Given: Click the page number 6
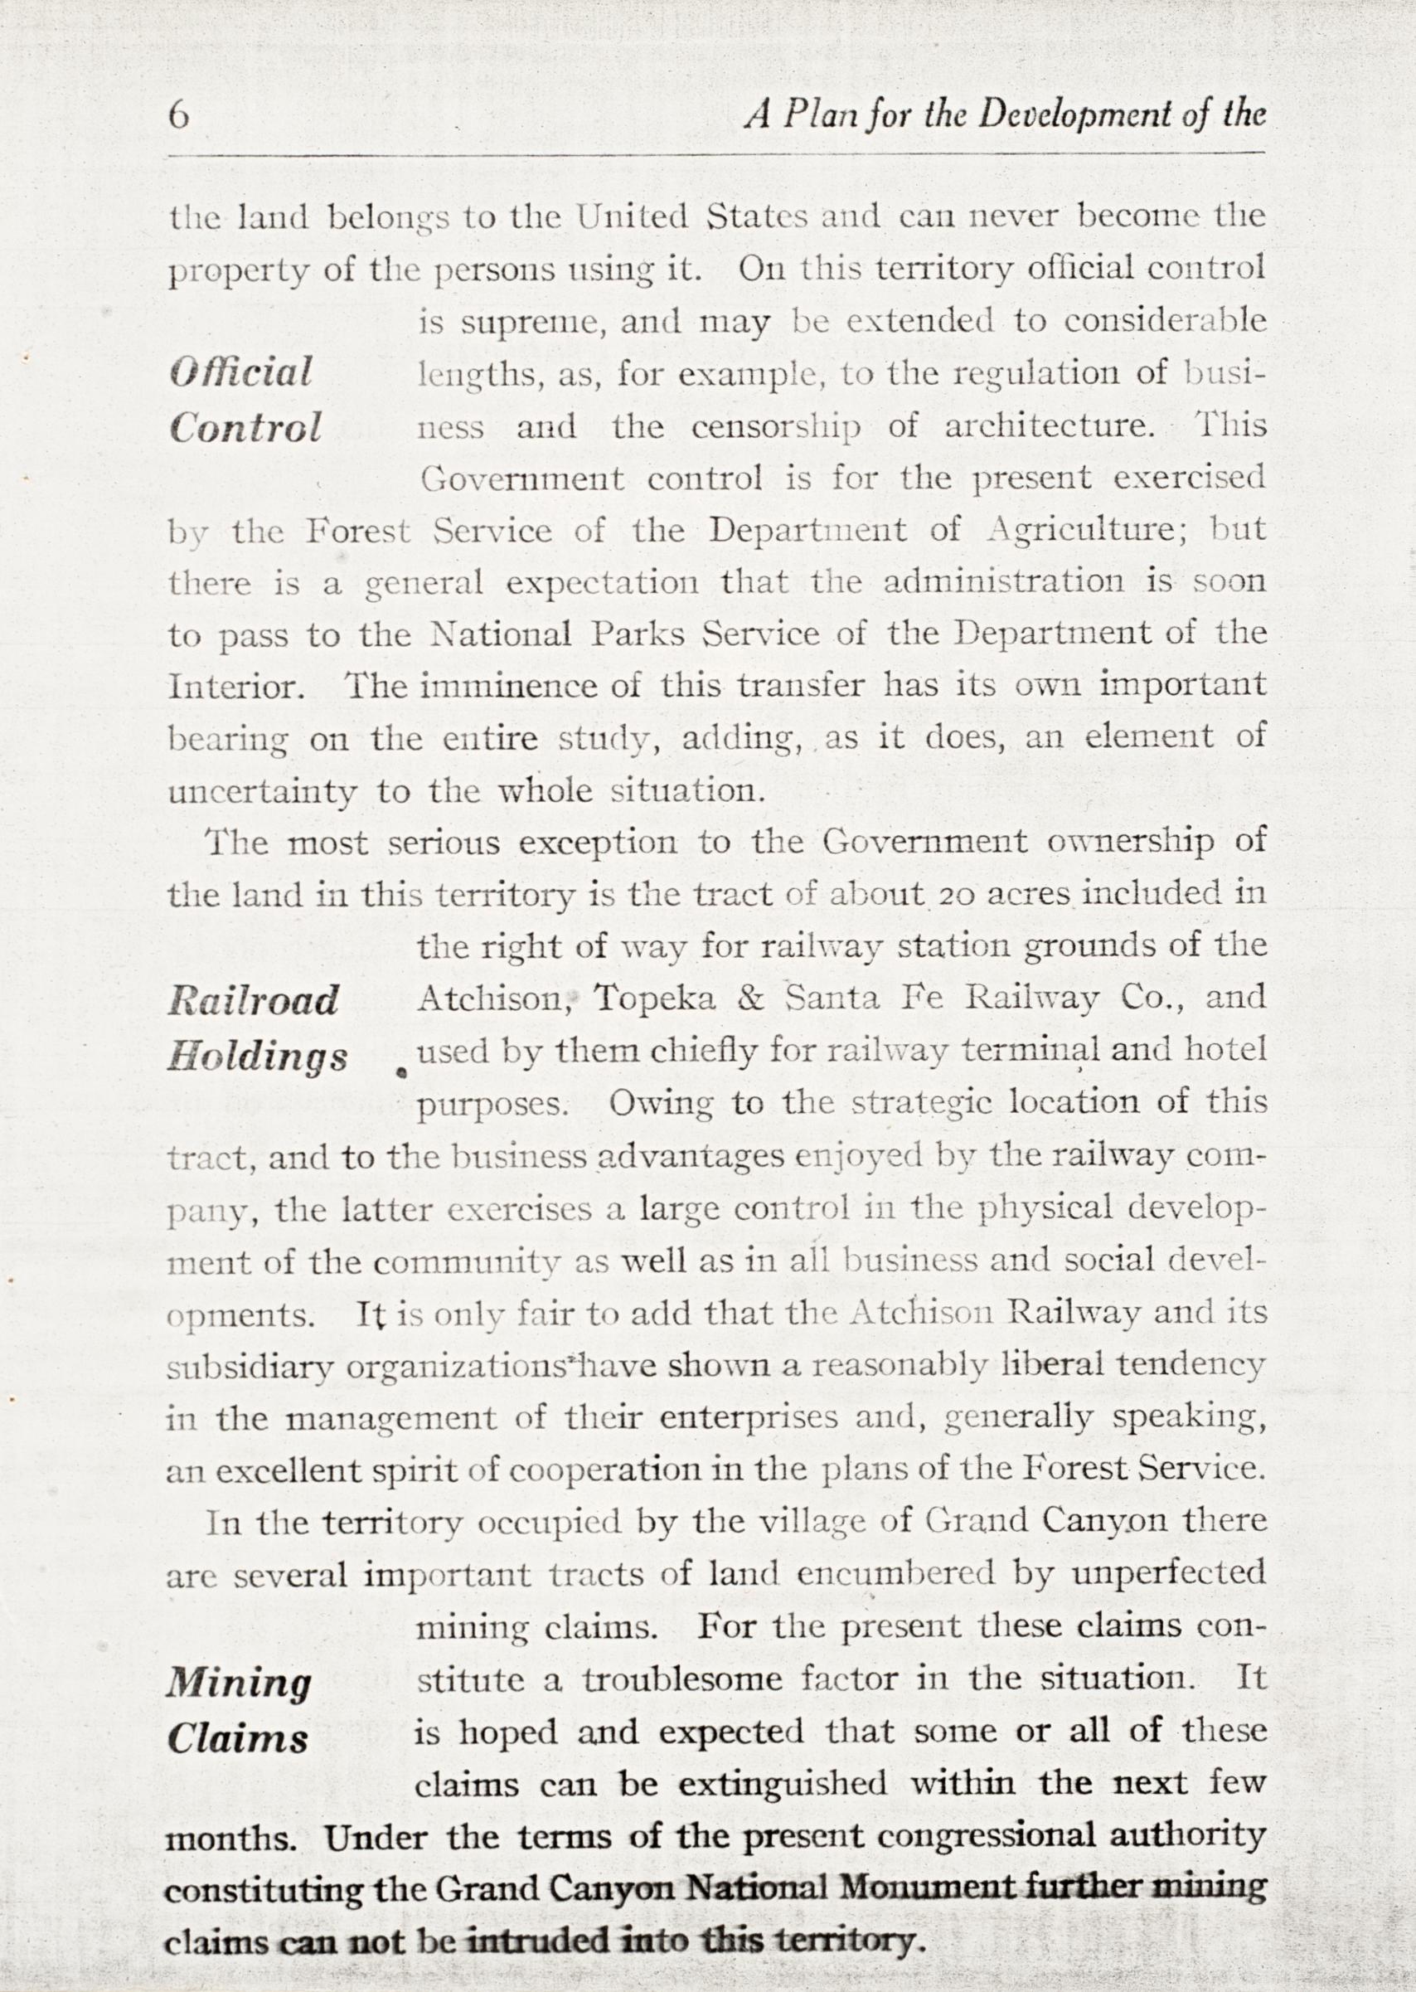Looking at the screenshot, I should coord(179,117).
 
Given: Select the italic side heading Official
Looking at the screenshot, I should coord(240,373).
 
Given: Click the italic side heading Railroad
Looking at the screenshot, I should coord(252,1001).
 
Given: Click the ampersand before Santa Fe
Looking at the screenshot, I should coord(749,999).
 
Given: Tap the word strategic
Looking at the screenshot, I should coord(924,1105).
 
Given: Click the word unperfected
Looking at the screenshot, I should coord(1168,1575).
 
